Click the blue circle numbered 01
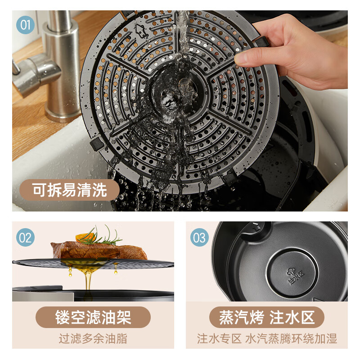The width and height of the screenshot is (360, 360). pos(25,25)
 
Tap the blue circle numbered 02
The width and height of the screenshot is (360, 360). pos(25,238)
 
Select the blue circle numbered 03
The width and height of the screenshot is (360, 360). pos(199,238)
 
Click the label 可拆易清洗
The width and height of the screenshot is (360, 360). pos(69,190)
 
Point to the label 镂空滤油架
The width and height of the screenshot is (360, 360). pos(93,317)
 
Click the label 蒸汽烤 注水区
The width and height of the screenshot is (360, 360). pos(267,317)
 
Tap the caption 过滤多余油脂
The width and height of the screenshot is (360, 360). pos(93,339)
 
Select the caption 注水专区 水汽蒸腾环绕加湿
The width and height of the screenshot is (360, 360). pos(267,339)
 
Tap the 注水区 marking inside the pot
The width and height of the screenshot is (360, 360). pos(296,275)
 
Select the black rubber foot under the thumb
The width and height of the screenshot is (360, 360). pos(261,41)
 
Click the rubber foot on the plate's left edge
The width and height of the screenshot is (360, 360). pos(97,144)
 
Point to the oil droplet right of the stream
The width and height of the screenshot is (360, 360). pos(116,268)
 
